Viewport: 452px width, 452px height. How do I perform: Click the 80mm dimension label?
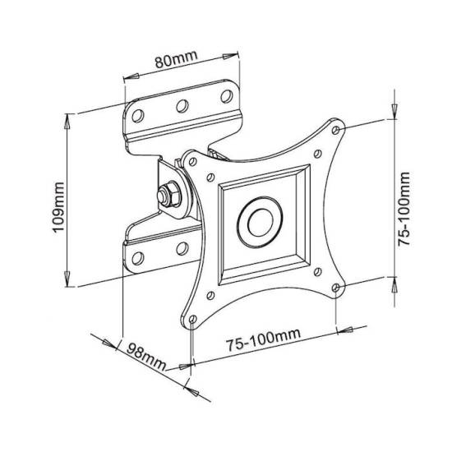177,60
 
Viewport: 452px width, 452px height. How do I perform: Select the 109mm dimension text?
58,206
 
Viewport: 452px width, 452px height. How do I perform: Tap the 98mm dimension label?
146,357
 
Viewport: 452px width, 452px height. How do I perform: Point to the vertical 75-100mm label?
404,209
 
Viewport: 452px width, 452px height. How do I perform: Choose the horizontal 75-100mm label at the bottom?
263,340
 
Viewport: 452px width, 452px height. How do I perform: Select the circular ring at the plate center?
260,222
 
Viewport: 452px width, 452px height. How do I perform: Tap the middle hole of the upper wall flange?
182,106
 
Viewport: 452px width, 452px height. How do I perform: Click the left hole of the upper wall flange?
138,116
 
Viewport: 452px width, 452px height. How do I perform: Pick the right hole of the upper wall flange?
227,96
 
